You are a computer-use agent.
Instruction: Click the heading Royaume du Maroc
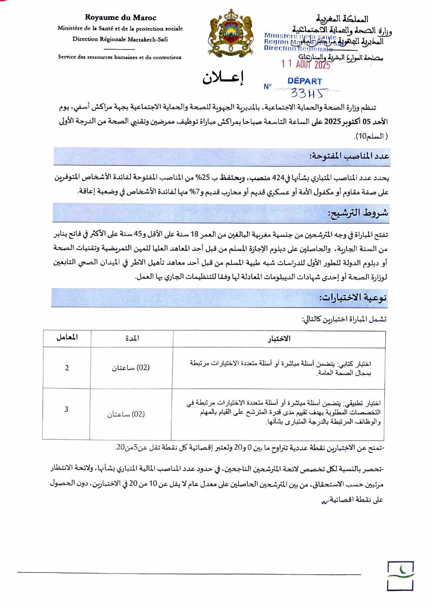tap(120, 17)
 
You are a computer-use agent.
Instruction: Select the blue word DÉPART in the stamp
tap(304, 81)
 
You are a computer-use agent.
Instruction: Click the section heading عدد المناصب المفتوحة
tap(349, 156)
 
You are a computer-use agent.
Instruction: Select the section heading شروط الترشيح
tap(358, 213)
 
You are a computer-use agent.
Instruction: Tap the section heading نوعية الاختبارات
tap(353, 297)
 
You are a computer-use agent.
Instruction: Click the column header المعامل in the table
tap(67, 337)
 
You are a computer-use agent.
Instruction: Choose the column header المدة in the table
tap(132, 338)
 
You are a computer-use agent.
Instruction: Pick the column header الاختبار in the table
tap(279, 339)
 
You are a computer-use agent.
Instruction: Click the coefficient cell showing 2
tap(67, 368)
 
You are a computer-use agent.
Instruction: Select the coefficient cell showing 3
tap(66, 409)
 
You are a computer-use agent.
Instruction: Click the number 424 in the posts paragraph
tap(278, 178)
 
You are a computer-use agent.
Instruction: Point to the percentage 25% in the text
tap(204, 178)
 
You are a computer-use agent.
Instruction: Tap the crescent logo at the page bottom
tap(401, 576)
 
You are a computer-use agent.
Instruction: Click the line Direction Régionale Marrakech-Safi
tap(120, 39)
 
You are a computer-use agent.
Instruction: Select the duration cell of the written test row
tap(131, 368)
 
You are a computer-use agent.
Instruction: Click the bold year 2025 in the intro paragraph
tap(332, 122)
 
